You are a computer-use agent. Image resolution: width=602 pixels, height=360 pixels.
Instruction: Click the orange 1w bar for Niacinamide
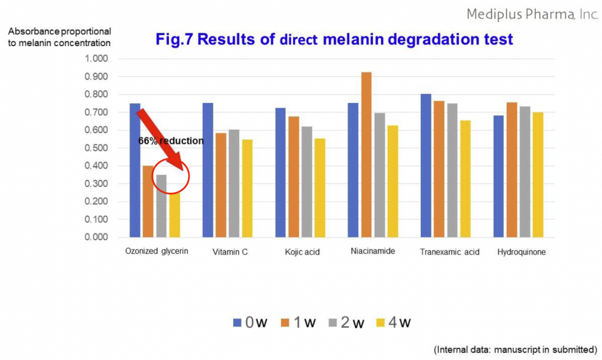point(366,155)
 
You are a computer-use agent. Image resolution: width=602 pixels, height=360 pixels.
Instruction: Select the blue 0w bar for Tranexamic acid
point(425,165)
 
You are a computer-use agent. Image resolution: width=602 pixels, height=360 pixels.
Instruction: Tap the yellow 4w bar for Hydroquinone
point(538,175)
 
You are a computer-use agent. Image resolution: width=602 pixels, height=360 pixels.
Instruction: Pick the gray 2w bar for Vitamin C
point(234,184)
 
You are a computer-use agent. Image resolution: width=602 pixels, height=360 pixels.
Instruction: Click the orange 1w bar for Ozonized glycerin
point(148,202)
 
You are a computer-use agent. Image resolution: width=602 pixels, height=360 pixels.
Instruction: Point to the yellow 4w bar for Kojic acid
point(320,188)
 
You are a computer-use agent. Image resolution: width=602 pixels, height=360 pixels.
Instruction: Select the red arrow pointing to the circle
point(160,139)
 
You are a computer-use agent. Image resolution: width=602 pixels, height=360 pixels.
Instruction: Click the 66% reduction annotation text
point(171,141)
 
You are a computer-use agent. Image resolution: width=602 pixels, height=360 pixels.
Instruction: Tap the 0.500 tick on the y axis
point(96,148)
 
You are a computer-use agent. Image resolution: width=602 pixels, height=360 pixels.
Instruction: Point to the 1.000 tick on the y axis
point(96,58)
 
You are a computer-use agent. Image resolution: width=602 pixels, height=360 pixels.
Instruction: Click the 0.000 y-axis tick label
point(96,237)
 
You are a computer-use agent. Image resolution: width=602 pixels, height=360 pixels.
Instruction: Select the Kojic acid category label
point(302,252)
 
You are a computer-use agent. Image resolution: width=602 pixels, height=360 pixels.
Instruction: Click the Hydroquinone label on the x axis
point(521,252)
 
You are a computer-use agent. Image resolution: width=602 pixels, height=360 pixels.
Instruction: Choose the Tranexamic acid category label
point(449,252)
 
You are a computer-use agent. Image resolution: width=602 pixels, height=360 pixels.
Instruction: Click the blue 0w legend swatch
point(237,323)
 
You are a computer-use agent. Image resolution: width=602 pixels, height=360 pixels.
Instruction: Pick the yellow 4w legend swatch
point(380,323)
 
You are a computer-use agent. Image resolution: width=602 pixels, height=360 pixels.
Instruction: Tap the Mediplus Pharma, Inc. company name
point(532,15)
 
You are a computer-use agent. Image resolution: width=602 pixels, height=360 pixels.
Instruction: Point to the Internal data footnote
point(515,349)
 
